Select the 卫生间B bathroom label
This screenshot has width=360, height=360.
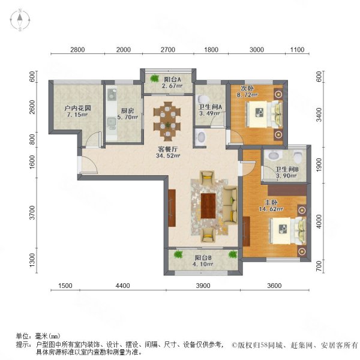click(x=287, y=170)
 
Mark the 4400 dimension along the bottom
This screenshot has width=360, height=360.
click(x=123, y=286)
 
